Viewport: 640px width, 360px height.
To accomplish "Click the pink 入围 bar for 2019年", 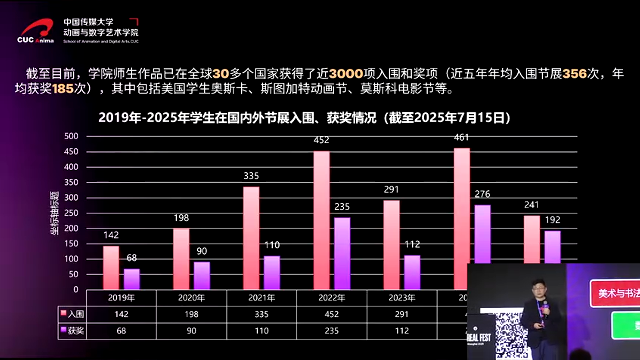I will [x=111, y=267].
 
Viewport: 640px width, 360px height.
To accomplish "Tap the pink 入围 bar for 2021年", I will [x=251, y=238].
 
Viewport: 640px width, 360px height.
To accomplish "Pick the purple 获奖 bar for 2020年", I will [x=202, y=275].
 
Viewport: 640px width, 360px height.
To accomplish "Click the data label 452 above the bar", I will [x=321, y=140].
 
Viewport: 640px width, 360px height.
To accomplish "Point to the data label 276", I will [x=482, y=194].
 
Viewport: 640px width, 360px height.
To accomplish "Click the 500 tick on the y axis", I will [x=72, y=136].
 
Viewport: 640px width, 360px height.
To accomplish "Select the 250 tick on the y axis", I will [x=72, y=213].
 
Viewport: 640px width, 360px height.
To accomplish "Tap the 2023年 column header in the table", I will [x=402, y=298].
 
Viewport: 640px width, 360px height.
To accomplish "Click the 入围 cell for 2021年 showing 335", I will [x=261, y=314].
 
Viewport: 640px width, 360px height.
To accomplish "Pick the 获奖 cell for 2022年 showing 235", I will [x=331, y=330].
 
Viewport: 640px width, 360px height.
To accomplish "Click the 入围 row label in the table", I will [x=72, y=314].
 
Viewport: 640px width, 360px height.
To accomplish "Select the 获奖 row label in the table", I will [x=72, y=330].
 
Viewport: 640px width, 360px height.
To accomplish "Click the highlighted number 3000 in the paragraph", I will [x=346, y=74].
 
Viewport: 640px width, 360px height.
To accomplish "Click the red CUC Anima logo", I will [x=36, y=31].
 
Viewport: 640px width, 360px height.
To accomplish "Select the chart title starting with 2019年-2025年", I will [x=304, y=118].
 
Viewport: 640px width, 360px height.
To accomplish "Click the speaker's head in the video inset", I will [x=538, y=288].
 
